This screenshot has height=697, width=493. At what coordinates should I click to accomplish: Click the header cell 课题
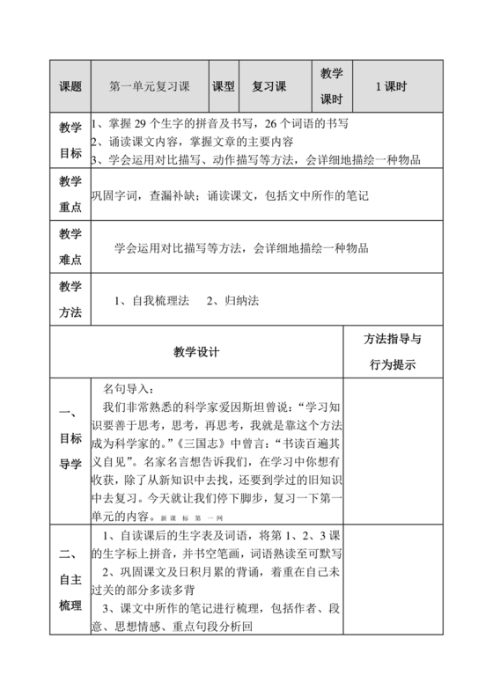click(x=70, y=87)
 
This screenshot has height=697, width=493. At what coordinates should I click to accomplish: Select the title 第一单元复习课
click(x=149, y=87)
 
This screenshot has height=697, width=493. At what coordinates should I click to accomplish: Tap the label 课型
click(x=224, y=87)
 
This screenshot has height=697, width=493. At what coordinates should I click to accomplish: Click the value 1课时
click(x=390, y=87)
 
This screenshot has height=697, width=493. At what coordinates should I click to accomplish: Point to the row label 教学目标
click(x=70, y=141)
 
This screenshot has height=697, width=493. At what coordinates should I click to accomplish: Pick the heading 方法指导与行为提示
click(x=392, y=352)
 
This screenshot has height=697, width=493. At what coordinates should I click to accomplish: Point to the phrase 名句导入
click(x=128, y=389)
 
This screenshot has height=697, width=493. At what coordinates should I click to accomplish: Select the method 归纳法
click(x=240, y=301)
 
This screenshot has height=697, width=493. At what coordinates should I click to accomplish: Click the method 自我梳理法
click(x=159, y=301)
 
